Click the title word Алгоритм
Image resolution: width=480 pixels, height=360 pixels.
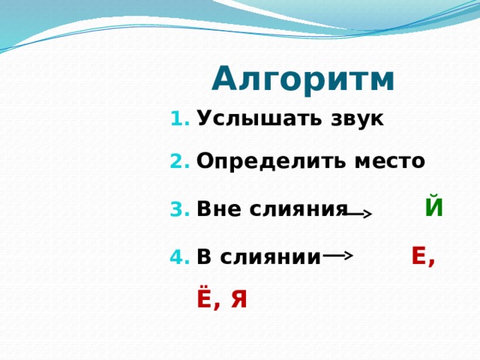[x=303, y=79]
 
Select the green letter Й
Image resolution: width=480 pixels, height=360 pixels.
[x=433, y=206]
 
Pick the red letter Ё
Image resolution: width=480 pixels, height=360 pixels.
[x=204, y=297]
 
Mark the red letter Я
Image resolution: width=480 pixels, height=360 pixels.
[x=238, y=298]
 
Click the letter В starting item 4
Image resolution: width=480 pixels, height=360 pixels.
[x=202, y=258]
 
